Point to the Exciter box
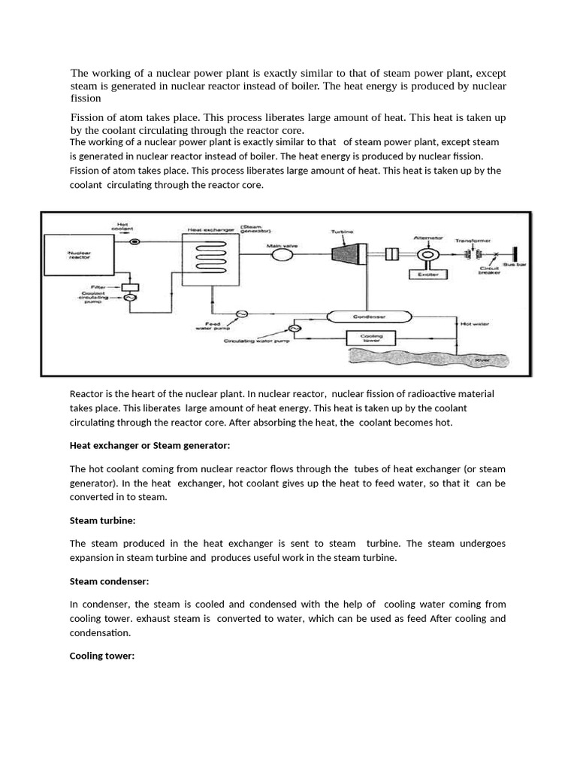(424, 274)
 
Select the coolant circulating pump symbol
(130, 299)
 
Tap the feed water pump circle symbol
(243, 314)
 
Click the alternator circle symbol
(427, 255)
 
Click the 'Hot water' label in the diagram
(475, 323)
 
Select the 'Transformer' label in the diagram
(473, 241)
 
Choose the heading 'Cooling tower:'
(102, 656)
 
